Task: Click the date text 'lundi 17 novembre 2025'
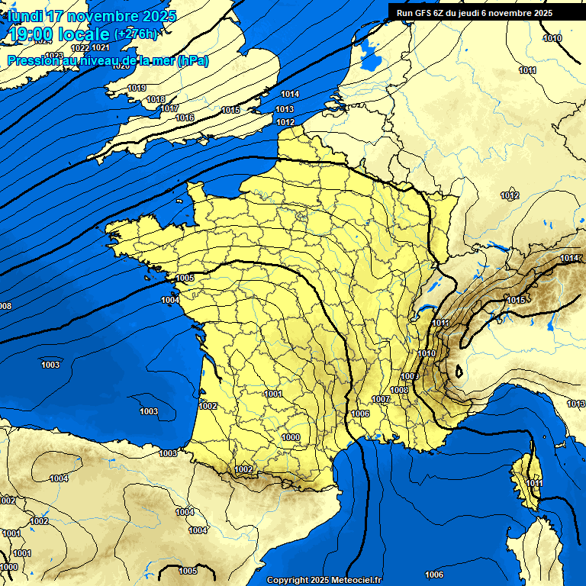click(x=92, y=16)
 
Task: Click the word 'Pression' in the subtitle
click(x=32, y=61)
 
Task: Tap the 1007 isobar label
click(x=382, y=400)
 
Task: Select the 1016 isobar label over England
click(x=185, y=118)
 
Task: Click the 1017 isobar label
click(x=170, y=108)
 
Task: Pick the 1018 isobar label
click(x=156, y=99)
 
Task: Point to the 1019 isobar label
click(x=137, y=89)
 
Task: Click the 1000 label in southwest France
click(x=290, y=437)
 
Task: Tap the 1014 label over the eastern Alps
click(x=569, y=259)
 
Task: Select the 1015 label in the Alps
click(x=516, y=300)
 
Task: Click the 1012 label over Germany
click(x=510, y=196)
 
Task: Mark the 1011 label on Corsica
click(x=534, y=484)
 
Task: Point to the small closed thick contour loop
click(x=459, y=372)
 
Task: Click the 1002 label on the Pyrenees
click(x=243, y=469)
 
